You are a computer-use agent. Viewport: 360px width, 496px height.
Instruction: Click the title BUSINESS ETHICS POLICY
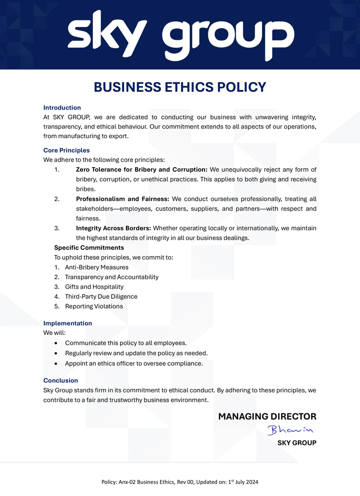tap(180, 87)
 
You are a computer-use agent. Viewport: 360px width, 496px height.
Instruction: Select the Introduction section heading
tap(62, 108)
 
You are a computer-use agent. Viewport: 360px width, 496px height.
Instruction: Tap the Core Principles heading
tap(66, 150)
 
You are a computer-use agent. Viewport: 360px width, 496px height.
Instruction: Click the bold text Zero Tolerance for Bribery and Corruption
tap(141, 170)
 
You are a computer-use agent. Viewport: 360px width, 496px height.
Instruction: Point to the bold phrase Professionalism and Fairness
tap(122, 199)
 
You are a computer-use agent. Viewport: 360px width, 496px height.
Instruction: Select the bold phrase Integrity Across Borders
tap(113, 228)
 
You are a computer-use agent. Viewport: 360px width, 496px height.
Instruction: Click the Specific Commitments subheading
tap(89, 248)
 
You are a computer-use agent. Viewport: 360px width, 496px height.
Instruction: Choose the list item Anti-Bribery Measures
tap(96, 267)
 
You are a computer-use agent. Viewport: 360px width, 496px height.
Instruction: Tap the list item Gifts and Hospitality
tap(94, 287)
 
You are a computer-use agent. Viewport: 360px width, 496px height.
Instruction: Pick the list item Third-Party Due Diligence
tap(101, 296)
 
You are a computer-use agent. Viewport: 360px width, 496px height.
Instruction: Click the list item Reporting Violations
tap(93, 306)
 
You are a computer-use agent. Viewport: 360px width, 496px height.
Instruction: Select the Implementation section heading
tap(67, 323)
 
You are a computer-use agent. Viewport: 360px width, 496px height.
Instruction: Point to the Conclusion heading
tap(60, 380)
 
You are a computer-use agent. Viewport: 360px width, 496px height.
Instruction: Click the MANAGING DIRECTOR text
tap(267, 416)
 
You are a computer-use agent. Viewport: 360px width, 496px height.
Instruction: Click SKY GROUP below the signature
tap(296, 443)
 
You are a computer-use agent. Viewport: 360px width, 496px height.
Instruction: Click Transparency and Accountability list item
tap(111, 277)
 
